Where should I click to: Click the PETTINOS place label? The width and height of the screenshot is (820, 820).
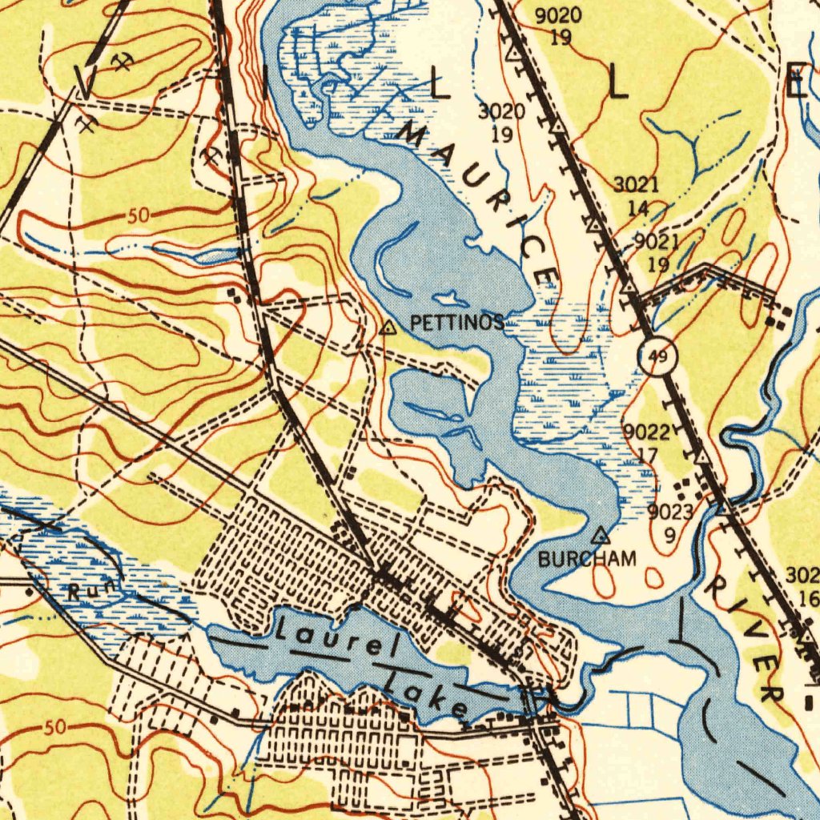[x=456, y=324]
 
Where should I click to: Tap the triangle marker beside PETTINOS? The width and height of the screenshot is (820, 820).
[x=388, y=328]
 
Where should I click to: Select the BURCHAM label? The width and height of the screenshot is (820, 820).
[x=587, y=559]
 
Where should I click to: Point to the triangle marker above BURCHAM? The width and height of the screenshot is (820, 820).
[x=601, y=534]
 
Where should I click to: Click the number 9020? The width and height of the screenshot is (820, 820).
[x=558, y=16]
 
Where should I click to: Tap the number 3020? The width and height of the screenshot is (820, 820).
[x=501, y=111]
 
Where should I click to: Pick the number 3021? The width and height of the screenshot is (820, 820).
[x=637, y=186]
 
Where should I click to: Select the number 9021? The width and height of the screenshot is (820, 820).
[x=657, y=241]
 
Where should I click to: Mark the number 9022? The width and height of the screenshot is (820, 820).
[x=646, y=433]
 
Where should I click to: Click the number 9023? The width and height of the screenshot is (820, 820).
[x=670, y=512]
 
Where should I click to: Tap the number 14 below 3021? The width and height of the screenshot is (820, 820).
[x=637, y=208]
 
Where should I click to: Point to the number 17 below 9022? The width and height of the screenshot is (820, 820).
[x=647, y=454]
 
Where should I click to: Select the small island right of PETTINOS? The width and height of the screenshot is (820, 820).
[x=454, y=299]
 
